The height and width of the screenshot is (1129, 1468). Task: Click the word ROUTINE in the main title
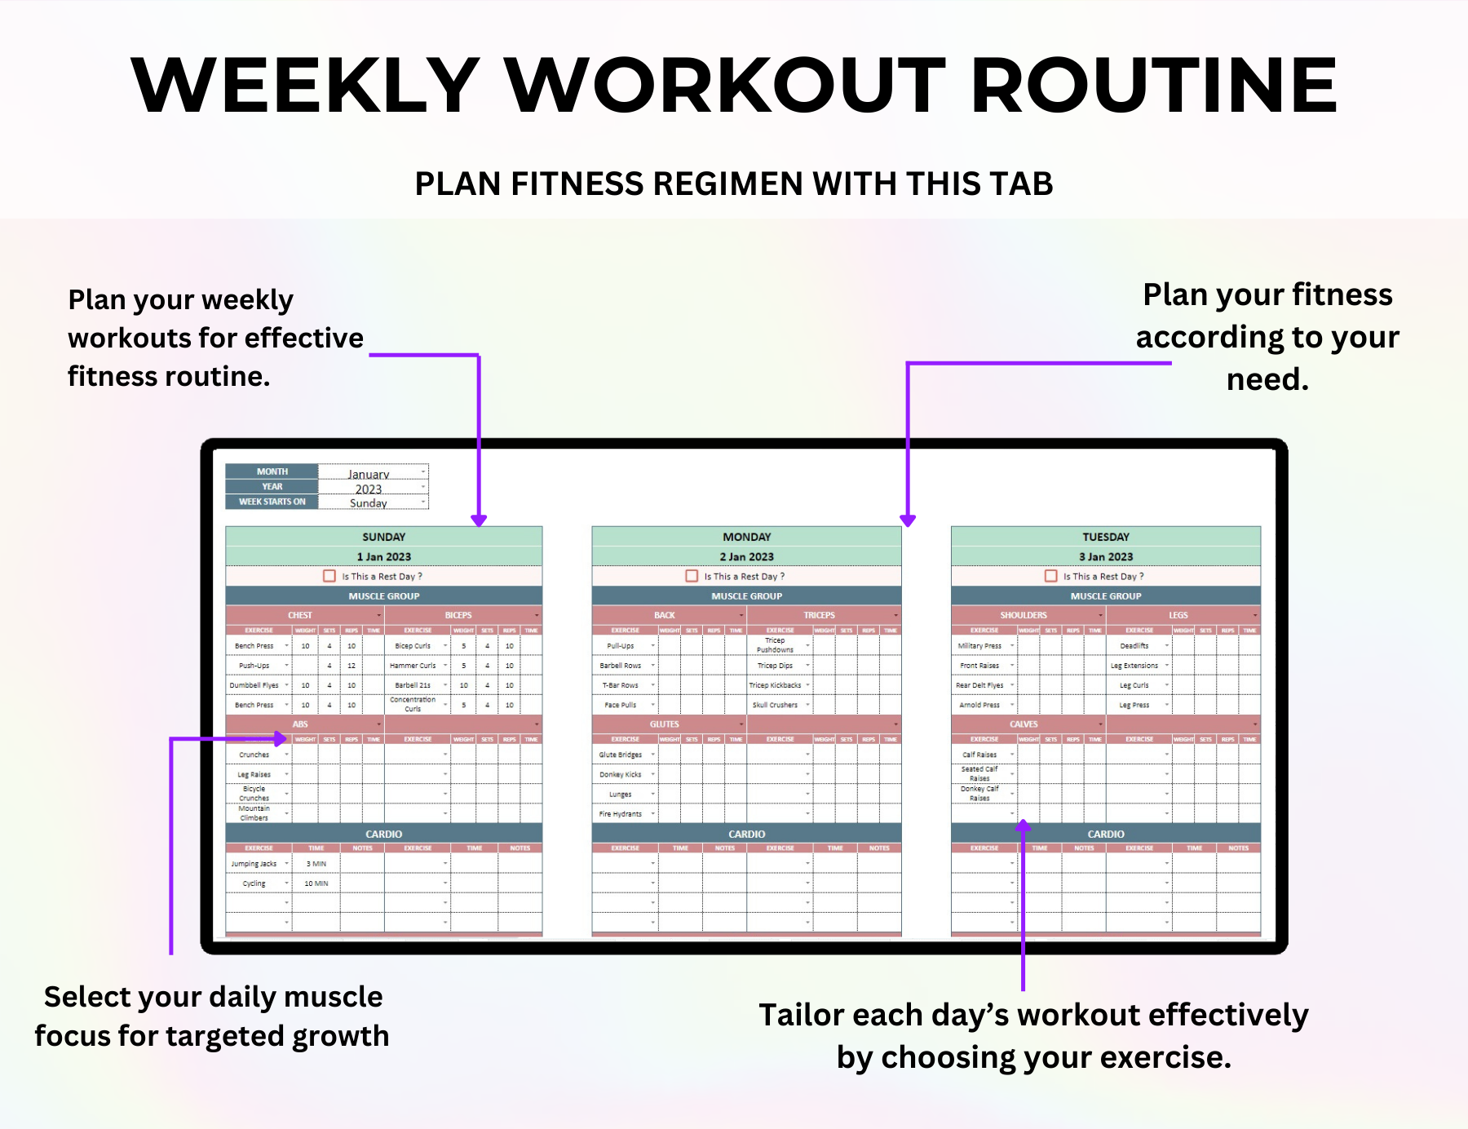click(x=1154, y=86)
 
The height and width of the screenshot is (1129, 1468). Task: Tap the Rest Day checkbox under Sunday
click(x=329, y=576)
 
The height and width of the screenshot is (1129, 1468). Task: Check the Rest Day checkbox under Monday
click(x=692, y=576)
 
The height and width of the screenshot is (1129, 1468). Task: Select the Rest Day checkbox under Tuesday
click(x=1050, y=576)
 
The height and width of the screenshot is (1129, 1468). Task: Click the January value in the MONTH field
click(x=369, y=474)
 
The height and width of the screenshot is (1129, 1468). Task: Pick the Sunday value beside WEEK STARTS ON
click(x=369, y=503)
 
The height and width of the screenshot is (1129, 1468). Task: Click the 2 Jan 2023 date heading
click(x=746, y=556)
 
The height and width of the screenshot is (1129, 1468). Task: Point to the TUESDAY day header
click(x=1105, y=537)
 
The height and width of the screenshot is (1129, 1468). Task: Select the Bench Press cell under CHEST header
click(x=254, y=645)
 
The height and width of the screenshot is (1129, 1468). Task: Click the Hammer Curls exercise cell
click(x=413, y=666)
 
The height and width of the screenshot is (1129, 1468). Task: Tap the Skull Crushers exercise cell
click(x=775, y=705)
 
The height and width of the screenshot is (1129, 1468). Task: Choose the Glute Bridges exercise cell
click(x=620, y=755)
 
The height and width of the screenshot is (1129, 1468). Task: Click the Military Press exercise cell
click(x=979, y=645)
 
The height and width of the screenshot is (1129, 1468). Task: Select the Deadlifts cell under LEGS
click(x=1134, y=645)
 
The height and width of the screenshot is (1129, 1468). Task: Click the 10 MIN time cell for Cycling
click(x=316, y=883)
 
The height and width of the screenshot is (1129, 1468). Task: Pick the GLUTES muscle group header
click(x=664, y=724)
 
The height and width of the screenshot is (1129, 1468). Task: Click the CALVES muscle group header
click(x=1023, y=724)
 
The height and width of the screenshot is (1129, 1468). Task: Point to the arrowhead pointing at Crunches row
click(x=281, y=739)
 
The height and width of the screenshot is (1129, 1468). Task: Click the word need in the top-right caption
click(x=1267, y=379)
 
